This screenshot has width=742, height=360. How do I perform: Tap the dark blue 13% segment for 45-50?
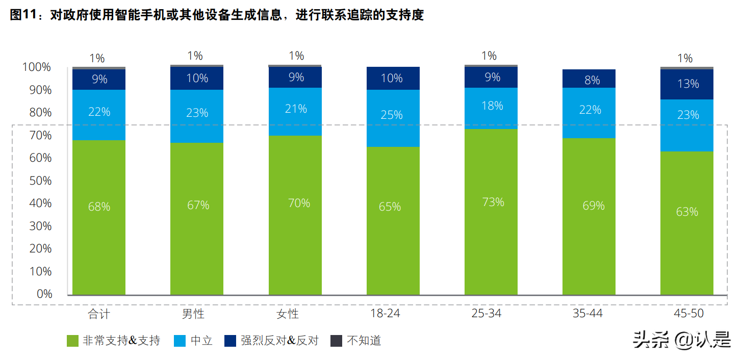pos(686,84)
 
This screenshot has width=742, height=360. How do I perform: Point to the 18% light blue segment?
pos(491,108)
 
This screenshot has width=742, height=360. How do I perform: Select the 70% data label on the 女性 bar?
pos(299,203)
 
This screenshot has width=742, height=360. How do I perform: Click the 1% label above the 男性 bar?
pos(195,56)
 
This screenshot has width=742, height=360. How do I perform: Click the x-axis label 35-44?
pos(587,313)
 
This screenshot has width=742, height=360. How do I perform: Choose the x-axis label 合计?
pos(98,313)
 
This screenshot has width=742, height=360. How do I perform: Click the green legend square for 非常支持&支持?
pos(72,341)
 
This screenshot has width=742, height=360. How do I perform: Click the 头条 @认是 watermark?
pos(681,339)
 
